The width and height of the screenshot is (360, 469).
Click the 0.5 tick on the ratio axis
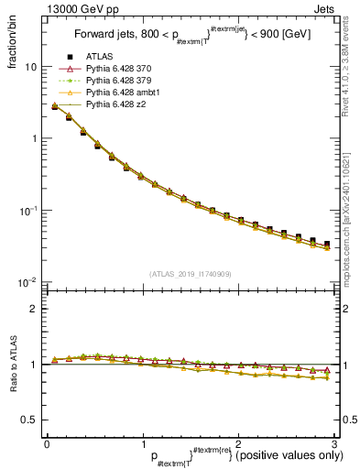pos(30,420)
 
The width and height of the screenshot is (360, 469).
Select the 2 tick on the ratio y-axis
pos(36,309)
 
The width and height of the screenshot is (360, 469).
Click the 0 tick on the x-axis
pos(47,442)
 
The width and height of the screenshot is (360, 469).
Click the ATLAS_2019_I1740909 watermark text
pos(191,274)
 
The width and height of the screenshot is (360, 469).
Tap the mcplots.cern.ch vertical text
pos(351,220)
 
